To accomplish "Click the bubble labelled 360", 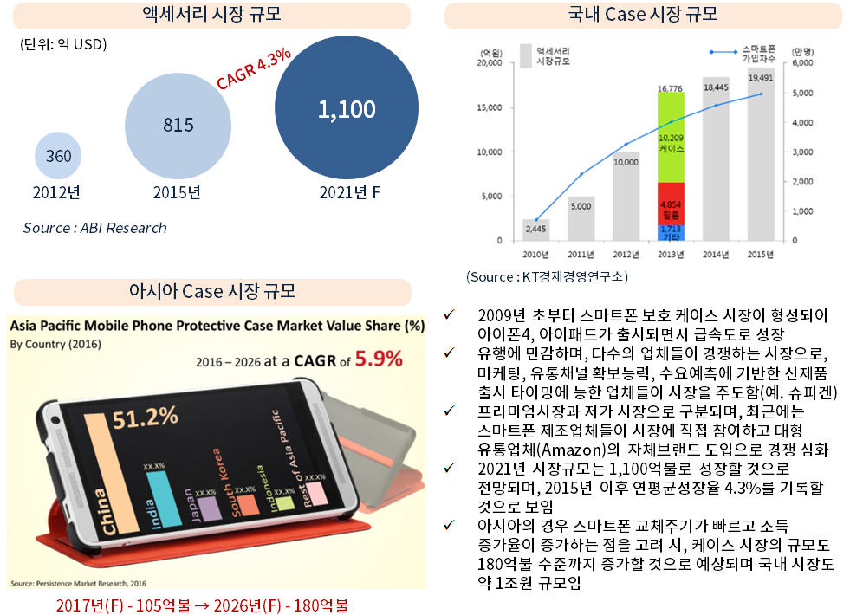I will (x=59, y=157).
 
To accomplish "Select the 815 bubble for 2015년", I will (x=178, y=125).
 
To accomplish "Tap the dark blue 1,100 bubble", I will (x=347, y=109).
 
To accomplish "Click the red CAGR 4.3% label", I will (x=253, y=68).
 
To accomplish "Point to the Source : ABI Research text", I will (x=95, y=228).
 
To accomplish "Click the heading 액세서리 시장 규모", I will (x=211, y=15).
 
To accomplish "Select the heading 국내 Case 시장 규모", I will (x=643, y=15).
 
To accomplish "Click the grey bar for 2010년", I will (x=535, y=230).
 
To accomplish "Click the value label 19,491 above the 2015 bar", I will (x=760, y=78).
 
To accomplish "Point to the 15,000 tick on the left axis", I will (x=490, y=107).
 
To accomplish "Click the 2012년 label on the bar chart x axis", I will (x=626, y=253).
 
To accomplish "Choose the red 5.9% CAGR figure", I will (x=379, y=357).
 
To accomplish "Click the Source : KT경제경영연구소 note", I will (x=547, y=277).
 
